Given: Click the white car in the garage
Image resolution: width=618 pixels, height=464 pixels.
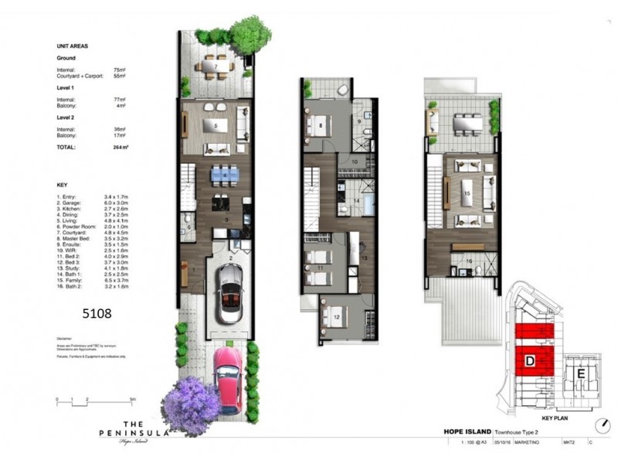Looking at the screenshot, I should [229, 293].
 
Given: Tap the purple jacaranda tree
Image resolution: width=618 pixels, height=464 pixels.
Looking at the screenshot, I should [190, 404].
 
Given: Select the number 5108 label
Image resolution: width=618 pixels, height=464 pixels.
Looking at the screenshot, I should [97, 314].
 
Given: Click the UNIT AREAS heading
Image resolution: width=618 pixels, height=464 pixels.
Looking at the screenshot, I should [73, 46].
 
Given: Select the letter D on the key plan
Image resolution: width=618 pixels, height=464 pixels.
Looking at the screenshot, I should [531, 361].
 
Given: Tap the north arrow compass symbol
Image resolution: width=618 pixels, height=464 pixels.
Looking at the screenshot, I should [602, 426].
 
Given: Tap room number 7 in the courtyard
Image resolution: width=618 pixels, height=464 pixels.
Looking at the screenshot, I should [216, 67].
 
